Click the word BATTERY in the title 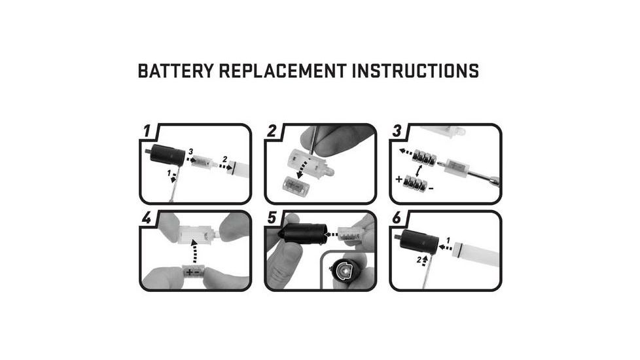pyautogui.click(x=175, y=71)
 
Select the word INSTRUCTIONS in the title pyautogui.click(x=416, y=71)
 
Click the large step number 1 pyautogui.click(x=147, y=131)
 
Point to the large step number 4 pyautogui.click(x=147, y=218)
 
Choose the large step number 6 pyautogui.click(x=397, y=219)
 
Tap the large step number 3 pyautogui.click(x=397, y=131)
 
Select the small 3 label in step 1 pyautogui.click(x=190, y=152)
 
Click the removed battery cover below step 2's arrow pyautogui.click(x=296, y=185)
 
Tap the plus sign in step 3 pyautogui.click(x=399, y=179)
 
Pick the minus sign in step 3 pyautogui.click(x=431, y=189)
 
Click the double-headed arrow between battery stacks pyautogui.click(x=418, y=171)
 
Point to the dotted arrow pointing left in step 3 pyautogui.click(x=406, y=152)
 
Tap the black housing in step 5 pyautogui.click(x=302, y=234)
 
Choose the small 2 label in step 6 pyautogui.click(x=419, y=260)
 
